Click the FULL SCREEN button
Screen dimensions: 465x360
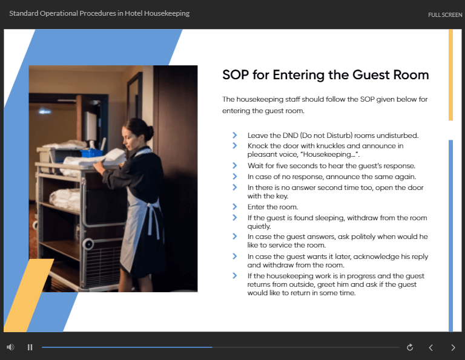445,15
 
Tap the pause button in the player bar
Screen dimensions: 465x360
30,347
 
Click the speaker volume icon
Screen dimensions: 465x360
10,347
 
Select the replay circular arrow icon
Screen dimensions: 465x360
410,347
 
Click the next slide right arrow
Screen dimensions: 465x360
453,347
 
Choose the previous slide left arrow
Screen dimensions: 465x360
431,347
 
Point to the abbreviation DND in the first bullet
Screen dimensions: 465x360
290,136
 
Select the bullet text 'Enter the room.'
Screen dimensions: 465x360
272,207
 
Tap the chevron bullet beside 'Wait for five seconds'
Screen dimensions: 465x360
234,165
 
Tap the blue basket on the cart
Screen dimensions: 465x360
91,153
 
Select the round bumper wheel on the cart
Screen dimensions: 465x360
88,244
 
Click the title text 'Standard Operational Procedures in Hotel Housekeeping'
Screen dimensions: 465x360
99,14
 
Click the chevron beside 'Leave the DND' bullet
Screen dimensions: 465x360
234,135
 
